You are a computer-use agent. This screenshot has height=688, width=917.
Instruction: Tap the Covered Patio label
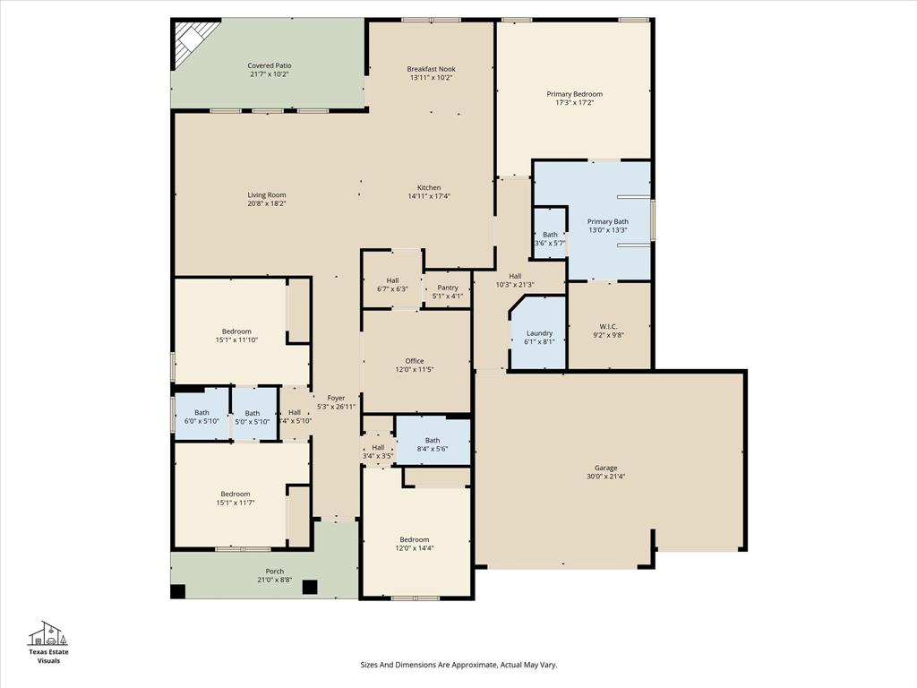click(270, 65)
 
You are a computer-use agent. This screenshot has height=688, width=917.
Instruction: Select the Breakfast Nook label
click(431, 69)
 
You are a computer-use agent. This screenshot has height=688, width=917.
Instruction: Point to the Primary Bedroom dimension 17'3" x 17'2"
click(574, 103)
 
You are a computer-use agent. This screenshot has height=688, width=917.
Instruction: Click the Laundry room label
click(539, 333)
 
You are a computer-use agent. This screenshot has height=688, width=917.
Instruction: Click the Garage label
click(606, 468)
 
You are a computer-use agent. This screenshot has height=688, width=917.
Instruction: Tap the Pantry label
click(448, 288)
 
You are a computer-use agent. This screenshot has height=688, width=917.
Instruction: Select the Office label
click(414, 361)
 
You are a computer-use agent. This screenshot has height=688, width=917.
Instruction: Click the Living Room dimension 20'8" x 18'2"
click(267, 203)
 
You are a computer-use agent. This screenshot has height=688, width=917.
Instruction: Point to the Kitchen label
click(429, 187)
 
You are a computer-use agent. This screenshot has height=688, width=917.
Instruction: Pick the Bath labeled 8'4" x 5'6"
click(433, 444)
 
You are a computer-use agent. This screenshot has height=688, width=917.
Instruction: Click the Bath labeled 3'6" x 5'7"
click(550, 238)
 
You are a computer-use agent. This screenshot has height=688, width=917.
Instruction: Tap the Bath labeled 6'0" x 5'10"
click(201, 417)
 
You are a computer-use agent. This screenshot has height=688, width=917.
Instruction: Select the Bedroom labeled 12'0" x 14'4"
click(415, 544)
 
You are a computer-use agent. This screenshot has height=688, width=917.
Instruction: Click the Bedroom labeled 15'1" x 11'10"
click(236, 336)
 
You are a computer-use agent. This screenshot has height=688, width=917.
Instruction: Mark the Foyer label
click(336, 398)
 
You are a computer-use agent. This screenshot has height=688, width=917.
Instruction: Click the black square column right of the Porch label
click(310, 588)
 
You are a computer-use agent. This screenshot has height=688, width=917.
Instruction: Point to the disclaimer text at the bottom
click(458, 665)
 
